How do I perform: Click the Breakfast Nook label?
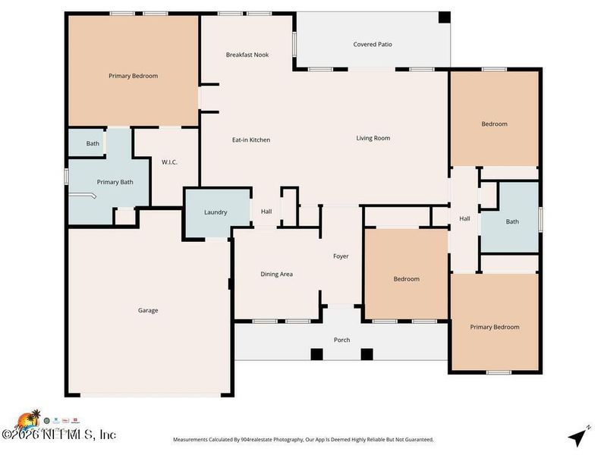pyautogui.click(x=247, y=55)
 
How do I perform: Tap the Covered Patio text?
pyautogui.click(x=373, y=45)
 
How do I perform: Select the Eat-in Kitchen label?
pyautogui.click(x=251, y=140)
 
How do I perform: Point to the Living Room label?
pyautogui.click(x=373, y=138)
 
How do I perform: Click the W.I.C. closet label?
pyautogui.click(x=169, y=162)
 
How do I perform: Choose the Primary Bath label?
pyautogui.click(x=115, y=182)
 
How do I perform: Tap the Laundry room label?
pyautogui.click(x=215, y=212)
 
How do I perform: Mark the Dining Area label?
pyautogui.click(x=276, y=274)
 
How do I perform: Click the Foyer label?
pyautogui.click(x=341, y=256)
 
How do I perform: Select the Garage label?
pyautogui.click(x=148, y=310)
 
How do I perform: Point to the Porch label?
pyautogui.click(x=342, y=340)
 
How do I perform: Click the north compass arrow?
pyautogui.click(x=580, y=436)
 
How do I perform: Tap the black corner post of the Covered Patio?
pyautogui.click(x=445, y=17)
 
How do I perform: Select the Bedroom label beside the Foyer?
pyautogui.click(x=406, y=279)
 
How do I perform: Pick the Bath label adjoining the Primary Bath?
pyautogui.click(x=93, y=143)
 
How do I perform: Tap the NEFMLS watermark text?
pyautogui.click(x=59, y=435)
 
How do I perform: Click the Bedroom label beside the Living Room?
pyautogui.click(x=494, y=124)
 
